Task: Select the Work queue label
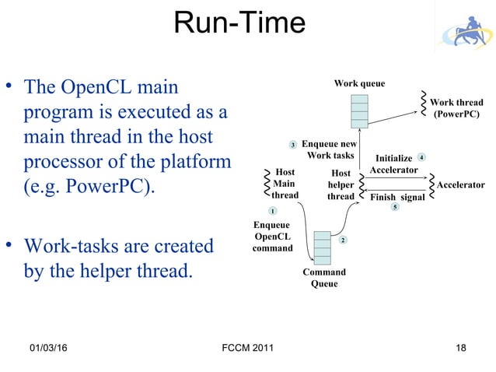click(359, 83)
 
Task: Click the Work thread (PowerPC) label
click(456, 108)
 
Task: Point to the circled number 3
click(293, 145)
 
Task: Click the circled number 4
click(421, 158)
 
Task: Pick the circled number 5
click(395, 207)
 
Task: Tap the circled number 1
click(273, 212)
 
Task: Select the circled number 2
click(343, 240)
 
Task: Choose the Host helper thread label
click(341, 185)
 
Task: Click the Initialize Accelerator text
click(394, 164)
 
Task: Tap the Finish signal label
click(396, 198)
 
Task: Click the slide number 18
click(461, 347)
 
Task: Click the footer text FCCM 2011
click(247, 347)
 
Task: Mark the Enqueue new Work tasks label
click(329, 150)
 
